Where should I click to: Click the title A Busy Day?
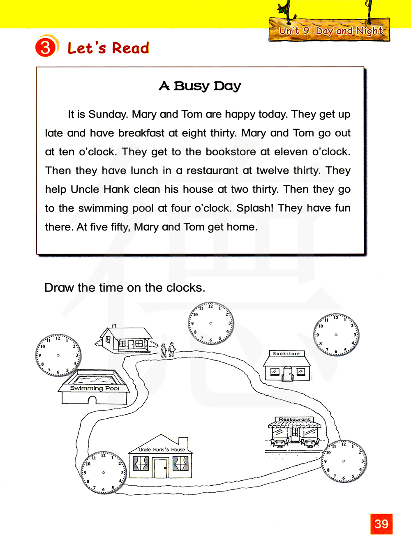click(x=200, y=86)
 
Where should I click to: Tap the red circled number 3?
click(x=46, y=47)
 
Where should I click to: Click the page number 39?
click(x=381, y=524)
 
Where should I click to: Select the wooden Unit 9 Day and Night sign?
click(x=330, y=30)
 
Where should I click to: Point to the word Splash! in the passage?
click(x=255, y=208)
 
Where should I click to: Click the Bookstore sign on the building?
click(x=286, y=353)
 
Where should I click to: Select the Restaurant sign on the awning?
click(x=295, y=420)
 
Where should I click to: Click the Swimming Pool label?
click(x=95, y=388)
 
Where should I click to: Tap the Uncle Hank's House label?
click(x=162, y=450)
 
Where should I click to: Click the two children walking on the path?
click(x=168, y=350)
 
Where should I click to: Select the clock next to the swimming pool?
click(x=58, y=355)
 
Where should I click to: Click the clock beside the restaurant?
click(x=344, y=461)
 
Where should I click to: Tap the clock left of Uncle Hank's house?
click(x=103, y=473)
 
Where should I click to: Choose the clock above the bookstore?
click(x=336, y=334)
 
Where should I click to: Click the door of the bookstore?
click(x=288, y=374)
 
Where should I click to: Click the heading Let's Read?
click(x=108, y=48)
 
